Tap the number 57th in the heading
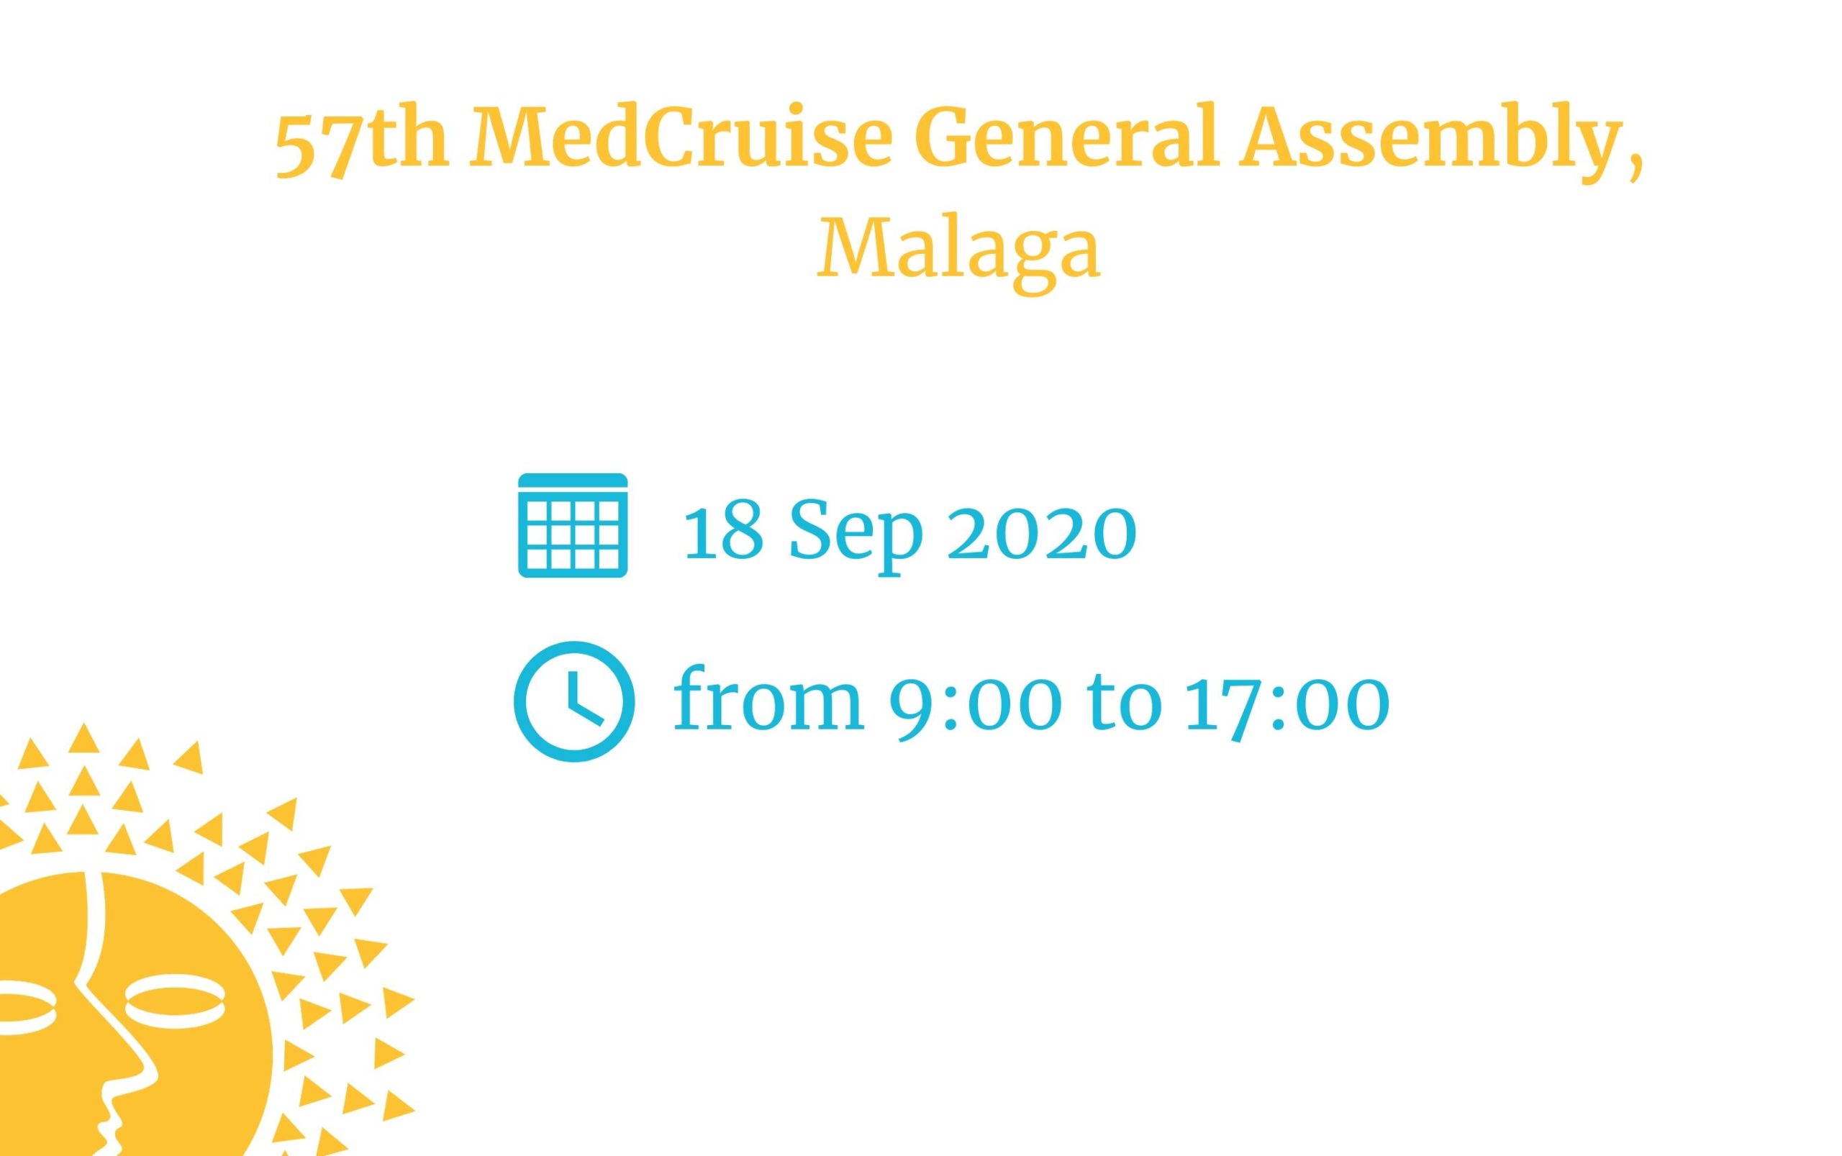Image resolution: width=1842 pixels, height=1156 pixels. click(x=361, y=145)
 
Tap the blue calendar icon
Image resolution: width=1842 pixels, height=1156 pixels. click(x=573, y=525)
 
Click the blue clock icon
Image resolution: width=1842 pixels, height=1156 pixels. click(x=573, y=701)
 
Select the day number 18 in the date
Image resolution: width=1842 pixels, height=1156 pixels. click(x=723, y=532)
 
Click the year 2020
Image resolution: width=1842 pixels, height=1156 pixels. click(x=1041, y=532)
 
